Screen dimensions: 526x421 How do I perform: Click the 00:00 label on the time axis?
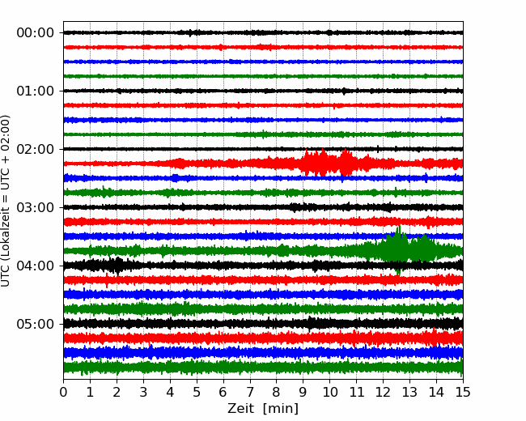click(36, 33)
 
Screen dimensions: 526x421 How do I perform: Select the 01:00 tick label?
click(36, 91)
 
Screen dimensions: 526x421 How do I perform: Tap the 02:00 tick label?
click(36, 149)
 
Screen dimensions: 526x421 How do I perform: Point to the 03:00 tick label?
click(36, 207)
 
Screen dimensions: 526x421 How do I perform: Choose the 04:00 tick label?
click(36, 266)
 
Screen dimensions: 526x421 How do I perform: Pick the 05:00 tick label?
click(36, 324)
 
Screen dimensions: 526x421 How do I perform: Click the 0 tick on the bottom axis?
click(63, 392)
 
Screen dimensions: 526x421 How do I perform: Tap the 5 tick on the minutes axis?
click(197, 392)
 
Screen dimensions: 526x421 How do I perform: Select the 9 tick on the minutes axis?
click(303, 392)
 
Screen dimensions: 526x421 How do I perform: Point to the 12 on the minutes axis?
click(383, 392)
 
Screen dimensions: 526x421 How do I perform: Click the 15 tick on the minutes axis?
click(463, 392)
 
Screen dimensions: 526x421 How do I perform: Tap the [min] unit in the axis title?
click(281, 409)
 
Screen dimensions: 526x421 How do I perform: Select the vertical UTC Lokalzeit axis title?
click(5, 201)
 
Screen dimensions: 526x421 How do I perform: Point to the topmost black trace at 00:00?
click(263, 32)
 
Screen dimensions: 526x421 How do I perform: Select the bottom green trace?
click(263, 367)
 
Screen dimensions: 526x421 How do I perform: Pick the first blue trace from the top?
click(263, 62)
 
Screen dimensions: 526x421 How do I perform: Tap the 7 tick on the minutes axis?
click(250, 392)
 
